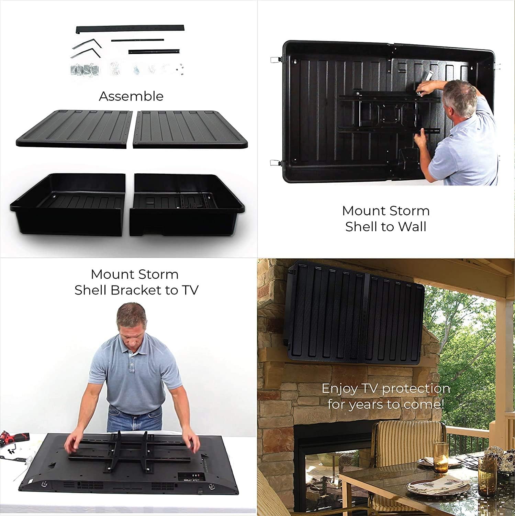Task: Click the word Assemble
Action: click(x=131, y=96)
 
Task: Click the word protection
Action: click(x=416, y=389)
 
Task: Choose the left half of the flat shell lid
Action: click(x=74, y=129)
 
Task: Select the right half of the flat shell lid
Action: click(x=190, y=129)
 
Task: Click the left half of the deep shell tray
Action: click(x=68, y=204)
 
